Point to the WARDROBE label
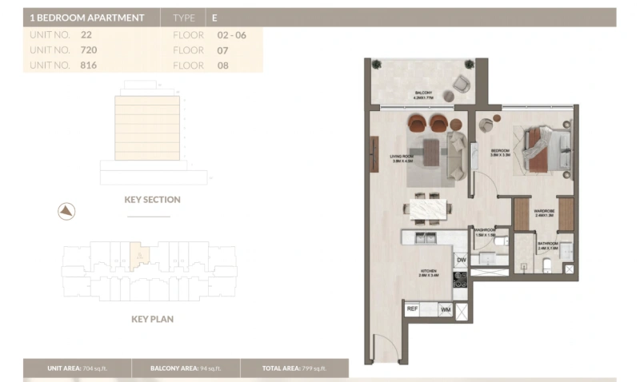coord(545,212)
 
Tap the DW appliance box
coord(461,261)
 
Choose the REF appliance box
coord(413,308)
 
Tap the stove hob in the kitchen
coord(461,280)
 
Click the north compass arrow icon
coord(66,211)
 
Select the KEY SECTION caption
coord(152,200)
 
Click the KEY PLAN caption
coord(152,319)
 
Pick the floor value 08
coord(223,65)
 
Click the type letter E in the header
coord(214,17)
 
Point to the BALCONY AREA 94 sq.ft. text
coord(185,368)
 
